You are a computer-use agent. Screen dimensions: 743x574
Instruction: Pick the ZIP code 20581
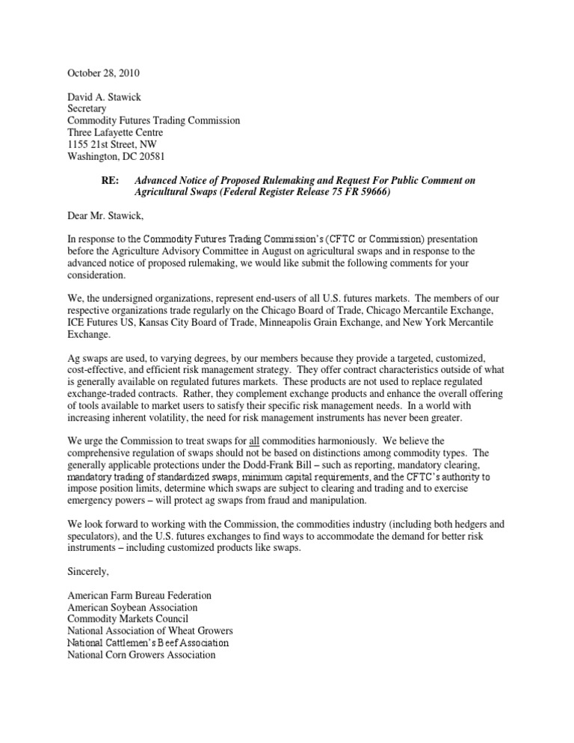[x=149, y=157]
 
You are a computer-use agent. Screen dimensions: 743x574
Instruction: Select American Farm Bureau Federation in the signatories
[x=139, y=595]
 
